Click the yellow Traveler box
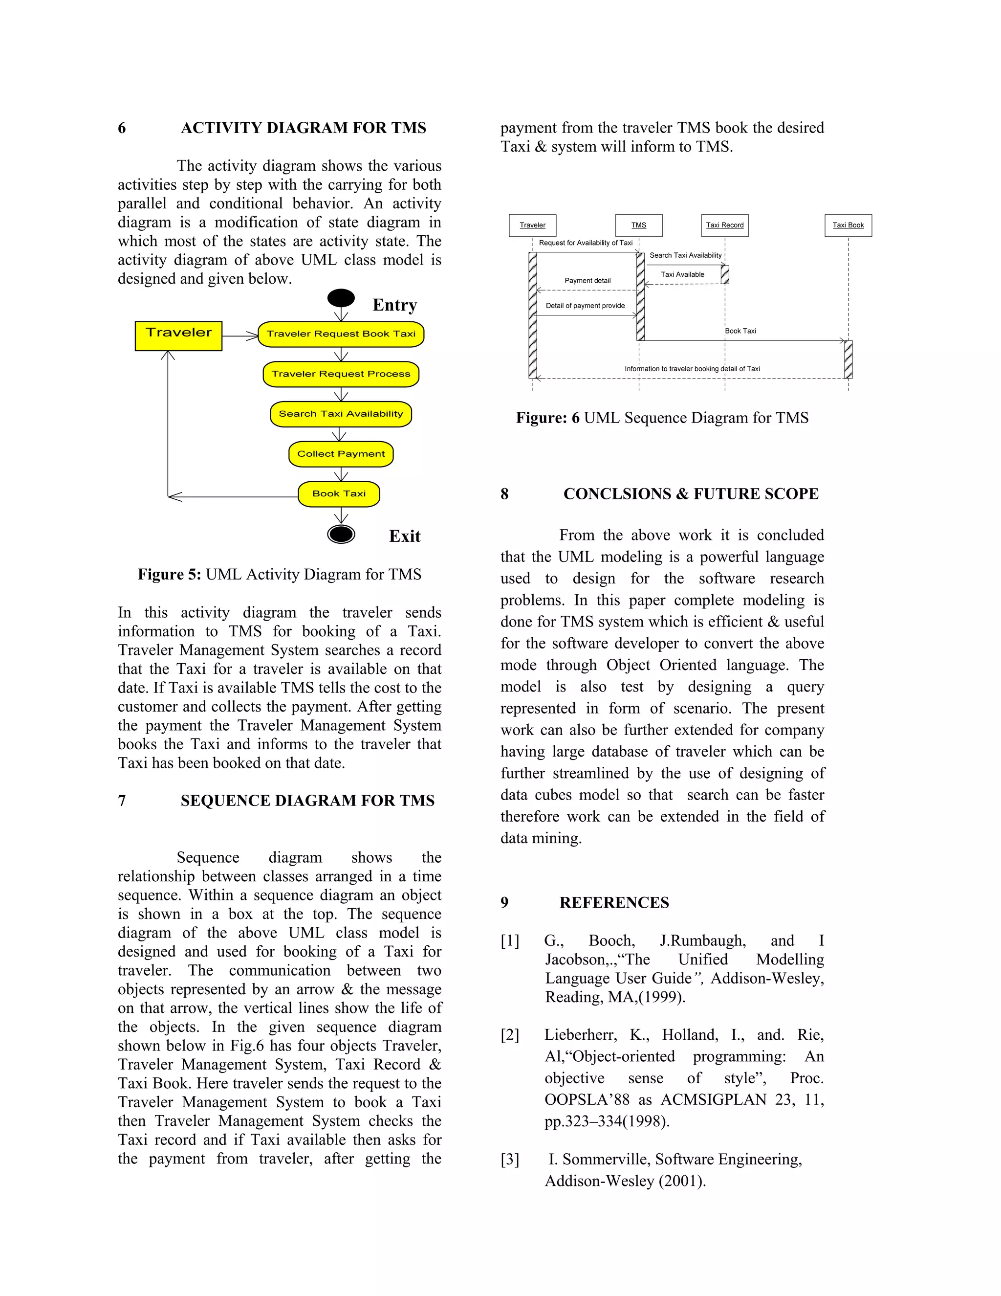tap(178, 336)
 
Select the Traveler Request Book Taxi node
tap(341, 334)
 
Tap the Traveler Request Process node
tap(341, 374)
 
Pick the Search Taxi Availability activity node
tap(341, 414)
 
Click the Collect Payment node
tap(341, 454)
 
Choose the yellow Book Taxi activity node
tap(339, 494)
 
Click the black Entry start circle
tap(341, 298)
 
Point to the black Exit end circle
tap(341, 534)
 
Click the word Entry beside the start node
tap(394, 305)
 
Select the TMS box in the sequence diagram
tap(639, 225)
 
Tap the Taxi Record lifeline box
tap(725, 225)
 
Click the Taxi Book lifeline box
tap(848, 225)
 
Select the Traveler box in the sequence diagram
tap(533, 225)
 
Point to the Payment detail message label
tap(587, 281)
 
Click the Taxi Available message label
tap(682, 275)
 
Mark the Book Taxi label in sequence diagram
tap(740, 331)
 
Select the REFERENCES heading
tap(614, 903)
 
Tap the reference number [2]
tap(509, 1035)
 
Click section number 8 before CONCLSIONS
tap(504, 494)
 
